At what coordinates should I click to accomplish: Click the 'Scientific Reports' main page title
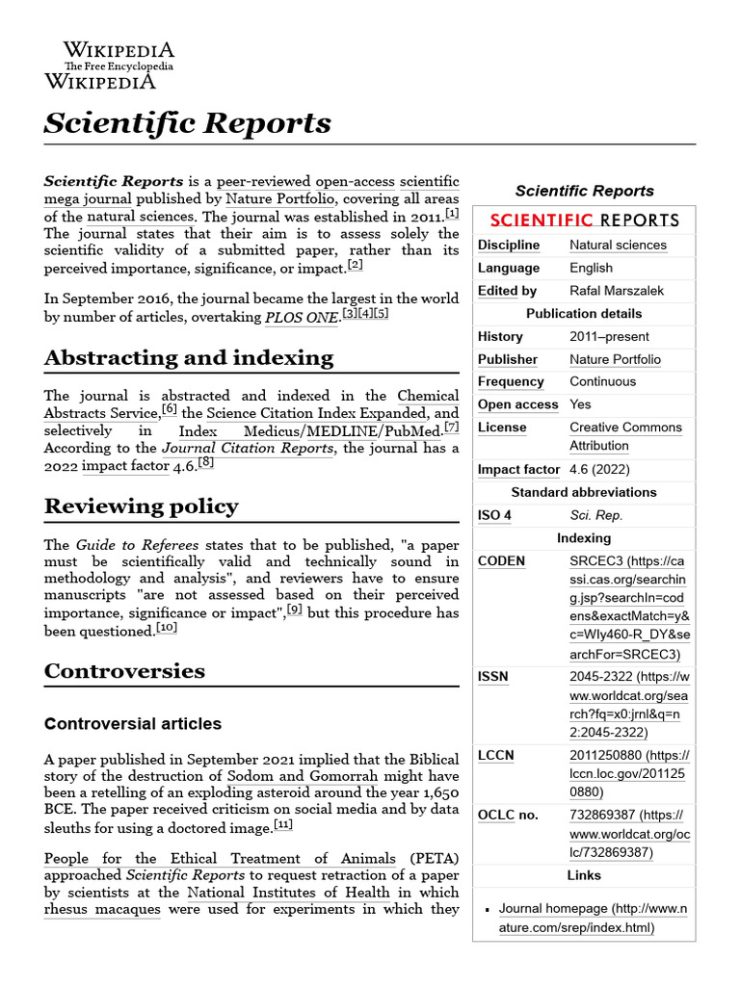(188, 123)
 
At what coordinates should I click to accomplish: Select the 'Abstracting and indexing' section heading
(189, 357)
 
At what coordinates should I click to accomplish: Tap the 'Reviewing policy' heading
(141, 506)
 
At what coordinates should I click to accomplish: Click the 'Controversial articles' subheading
(133, 723)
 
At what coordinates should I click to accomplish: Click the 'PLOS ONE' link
(301, 317)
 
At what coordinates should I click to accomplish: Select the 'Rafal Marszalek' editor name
(616, 290)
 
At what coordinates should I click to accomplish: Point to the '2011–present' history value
(609, 336)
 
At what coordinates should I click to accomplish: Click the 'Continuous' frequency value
(602, 381)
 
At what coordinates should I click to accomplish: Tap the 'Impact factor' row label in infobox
(518, 469)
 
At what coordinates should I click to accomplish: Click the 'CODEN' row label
(501, 561)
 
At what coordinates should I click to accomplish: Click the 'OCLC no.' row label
(508, 816)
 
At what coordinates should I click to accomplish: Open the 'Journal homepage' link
(552, 908)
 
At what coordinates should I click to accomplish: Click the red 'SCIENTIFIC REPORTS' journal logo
(584, 220)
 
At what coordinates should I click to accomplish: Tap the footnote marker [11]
(283, 825)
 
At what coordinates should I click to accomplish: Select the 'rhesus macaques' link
(102, 909)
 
